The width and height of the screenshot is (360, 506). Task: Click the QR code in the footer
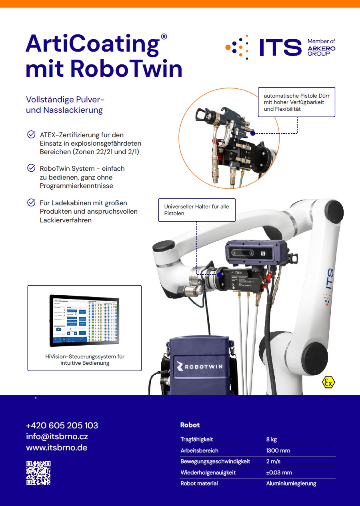[38, 473]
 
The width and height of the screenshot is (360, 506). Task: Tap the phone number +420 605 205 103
[62, 425]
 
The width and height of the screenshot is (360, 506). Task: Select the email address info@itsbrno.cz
[57, 436]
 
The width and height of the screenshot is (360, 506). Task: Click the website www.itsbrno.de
[56, 448]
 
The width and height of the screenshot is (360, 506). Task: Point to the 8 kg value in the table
[271, 439]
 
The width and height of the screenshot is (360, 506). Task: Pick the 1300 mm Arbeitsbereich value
[278, 450]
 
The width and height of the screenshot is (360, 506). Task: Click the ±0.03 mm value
[279, 472]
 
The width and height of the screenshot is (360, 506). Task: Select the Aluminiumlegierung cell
[291, 483]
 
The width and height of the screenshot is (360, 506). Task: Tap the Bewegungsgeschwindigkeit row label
[215, 461]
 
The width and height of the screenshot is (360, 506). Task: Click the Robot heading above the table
[190, 425]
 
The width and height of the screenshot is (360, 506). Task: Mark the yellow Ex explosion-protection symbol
[328, 383]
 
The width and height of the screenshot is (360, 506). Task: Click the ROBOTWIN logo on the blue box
[200, 366]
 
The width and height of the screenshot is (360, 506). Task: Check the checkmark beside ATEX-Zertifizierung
[31, 134]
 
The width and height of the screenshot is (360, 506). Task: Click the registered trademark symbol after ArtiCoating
[164, 36]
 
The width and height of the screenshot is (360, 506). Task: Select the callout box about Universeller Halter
[196, 210]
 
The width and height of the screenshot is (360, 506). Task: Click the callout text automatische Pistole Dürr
[296, 102]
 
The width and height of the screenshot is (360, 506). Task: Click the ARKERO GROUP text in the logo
[321, 51]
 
